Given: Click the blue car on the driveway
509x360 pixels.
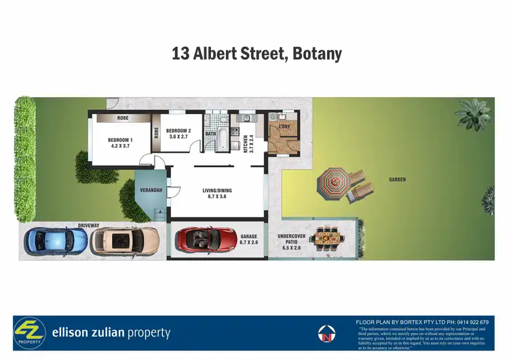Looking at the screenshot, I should (x=56, y=239).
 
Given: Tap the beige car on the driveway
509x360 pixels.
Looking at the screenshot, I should (x=126, y=239).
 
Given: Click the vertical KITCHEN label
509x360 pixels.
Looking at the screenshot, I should (x=247, y=143).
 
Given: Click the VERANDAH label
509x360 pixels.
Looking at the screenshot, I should (x=151, y=190).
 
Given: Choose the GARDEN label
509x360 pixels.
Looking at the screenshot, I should (x=398, y=180).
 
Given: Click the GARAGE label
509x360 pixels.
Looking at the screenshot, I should (x=249, y=238).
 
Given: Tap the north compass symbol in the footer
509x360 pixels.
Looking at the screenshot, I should (x=327, y=334).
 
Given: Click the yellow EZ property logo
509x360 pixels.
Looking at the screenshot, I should (x=29, y=334).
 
